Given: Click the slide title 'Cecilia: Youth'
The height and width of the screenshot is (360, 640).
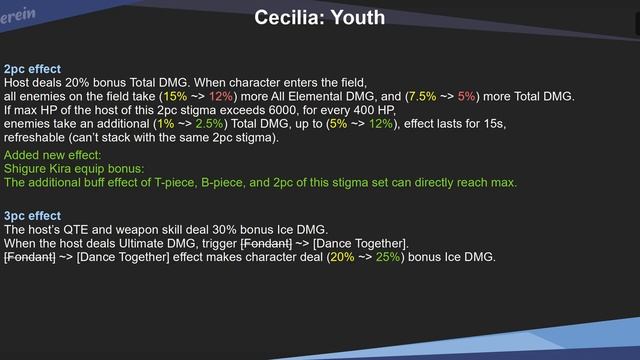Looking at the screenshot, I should [x=319, y=18].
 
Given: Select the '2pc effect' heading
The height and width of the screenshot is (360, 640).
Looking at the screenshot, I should [x=32, y=69].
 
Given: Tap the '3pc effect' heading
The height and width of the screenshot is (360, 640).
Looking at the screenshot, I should [x=32, y=216].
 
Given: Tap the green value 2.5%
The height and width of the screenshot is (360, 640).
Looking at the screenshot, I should [x=209, y=124].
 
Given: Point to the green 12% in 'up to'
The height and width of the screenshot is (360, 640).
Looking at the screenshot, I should [x=380, y=124].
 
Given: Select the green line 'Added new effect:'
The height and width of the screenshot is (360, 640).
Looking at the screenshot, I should [x=52, y=156].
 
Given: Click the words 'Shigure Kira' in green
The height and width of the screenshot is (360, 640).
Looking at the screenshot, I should [x=38, y=169].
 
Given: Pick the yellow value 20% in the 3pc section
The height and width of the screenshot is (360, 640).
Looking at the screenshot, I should [x=341, y=257].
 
